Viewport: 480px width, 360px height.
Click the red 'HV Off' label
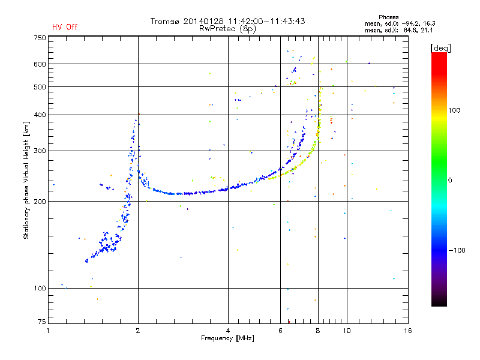[64, 27]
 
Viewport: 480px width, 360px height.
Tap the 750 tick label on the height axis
[40, 37]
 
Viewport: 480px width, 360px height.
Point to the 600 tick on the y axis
[40, 64]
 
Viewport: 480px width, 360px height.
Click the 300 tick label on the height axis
[40, 151]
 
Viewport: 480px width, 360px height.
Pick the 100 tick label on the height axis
[40, 289]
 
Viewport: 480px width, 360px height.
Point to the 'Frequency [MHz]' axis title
[227, 338]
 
